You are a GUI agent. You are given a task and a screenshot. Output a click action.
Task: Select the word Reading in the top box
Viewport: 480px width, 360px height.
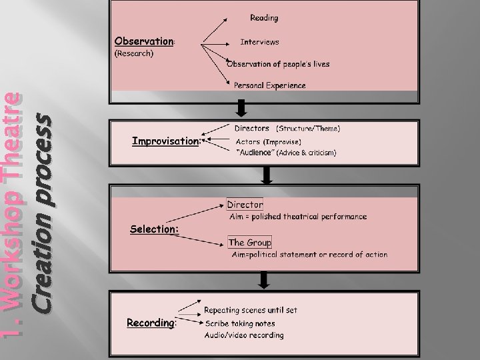tap(264, 18)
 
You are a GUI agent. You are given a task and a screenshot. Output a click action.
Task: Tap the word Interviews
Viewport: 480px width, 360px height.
tap(259, 41)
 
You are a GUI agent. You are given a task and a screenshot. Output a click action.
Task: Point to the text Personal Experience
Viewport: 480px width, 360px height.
tap(269, 85)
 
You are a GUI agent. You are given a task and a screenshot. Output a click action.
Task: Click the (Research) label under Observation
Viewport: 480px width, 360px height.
tap(135, 54)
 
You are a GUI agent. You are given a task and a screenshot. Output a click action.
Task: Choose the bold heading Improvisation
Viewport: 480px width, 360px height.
tap(166, 141)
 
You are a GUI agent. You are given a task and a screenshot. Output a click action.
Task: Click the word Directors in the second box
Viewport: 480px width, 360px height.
tap(251, 128)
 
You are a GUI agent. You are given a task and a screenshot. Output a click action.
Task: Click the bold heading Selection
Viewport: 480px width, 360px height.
tap(153, 229)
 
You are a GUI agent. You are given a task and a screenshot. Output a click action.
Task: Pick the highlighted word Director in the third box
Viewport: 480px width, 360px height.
tap(245, 204)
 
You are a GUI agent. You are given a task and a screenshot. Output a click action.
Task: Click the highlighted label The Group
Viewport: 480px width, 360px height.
tap(249, 243)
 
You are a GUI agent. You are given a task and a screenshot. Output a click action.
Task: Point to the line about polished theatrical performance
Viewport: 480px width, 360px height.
tap(297, 217)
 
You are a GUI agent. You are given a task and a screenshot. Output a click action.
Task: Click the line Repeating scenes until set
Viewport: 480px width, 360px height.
tap(250, 310)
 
